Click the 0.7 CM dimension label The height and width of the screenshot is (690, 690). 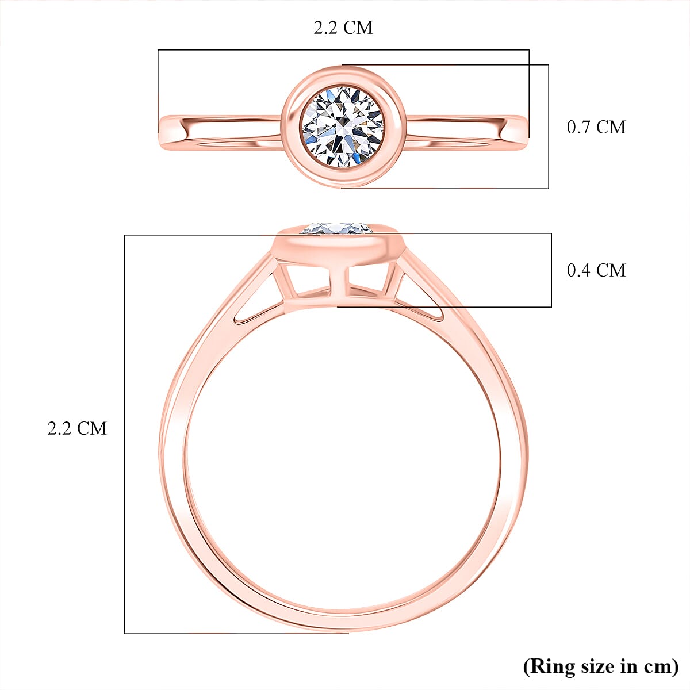pos(596,127)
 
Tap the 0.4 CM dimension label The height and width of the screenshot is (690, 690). pos(596,270)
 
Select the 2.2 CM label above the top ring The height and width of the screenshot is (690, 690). pos(343,28)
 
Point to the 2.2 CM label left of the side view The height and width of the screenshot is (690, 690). pos(76,428)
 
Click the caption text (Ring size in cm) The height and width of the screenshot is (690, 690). pos(600,666)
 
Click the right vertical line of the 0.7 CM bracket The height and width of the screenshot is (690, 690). pos(549,126)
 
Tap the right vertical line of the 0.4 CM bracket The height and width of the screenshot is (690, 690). pos(551,270)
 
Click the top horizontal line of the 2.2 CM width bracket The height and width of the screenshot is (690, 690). pos(343,49)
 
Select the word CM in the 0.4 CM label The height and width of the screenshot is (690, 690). pos(611,270)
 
